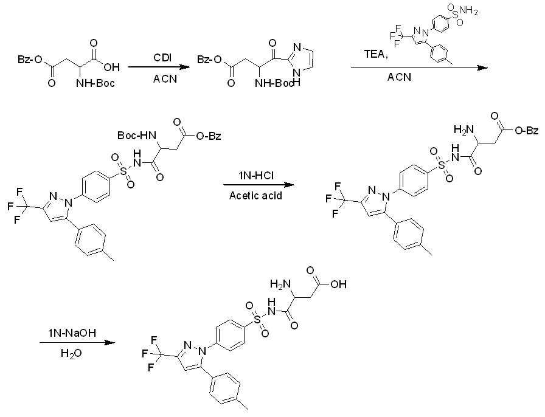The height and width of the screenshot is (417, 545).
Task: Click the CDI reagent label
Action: (162, 58)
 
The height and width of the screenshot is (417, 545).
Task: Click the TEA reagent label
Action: (376, 54)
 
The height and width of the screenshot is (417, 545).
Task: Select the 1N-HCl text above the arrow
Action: (255, 176)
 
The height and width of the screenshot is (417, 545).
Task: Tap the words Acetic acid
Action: (255, 196)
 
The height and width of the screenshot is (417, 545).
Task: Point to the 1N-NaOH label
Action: (72, 333)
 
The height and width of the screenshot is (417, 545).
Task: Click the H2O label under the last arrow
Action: (71, 353)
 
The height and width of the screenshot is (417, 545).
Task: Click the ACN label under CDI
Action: (165, 79)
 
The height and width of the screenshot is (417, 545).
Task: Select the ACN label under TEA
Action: (400, 77)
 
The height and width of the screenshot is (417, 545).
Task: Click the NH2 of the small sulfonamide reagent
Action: (468, 11)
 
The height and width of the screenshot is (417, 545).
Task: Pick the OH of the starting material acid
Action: (111, 67)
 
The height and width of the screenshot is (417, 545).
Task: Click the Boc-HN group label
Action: (137, 135)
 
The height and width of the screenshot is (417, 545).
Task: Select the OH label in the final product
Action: (338, 284)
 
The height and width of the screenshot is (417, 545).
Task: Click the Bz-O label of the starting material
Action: (30, 60)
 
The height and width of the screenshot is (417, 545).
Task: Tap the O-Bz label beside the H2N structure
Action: (527, 130)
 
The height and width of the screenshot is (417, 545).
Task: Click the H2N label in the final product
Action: (280, 284)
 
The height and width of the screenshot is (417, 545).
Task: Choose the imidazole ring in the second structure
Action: (303, 59)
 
